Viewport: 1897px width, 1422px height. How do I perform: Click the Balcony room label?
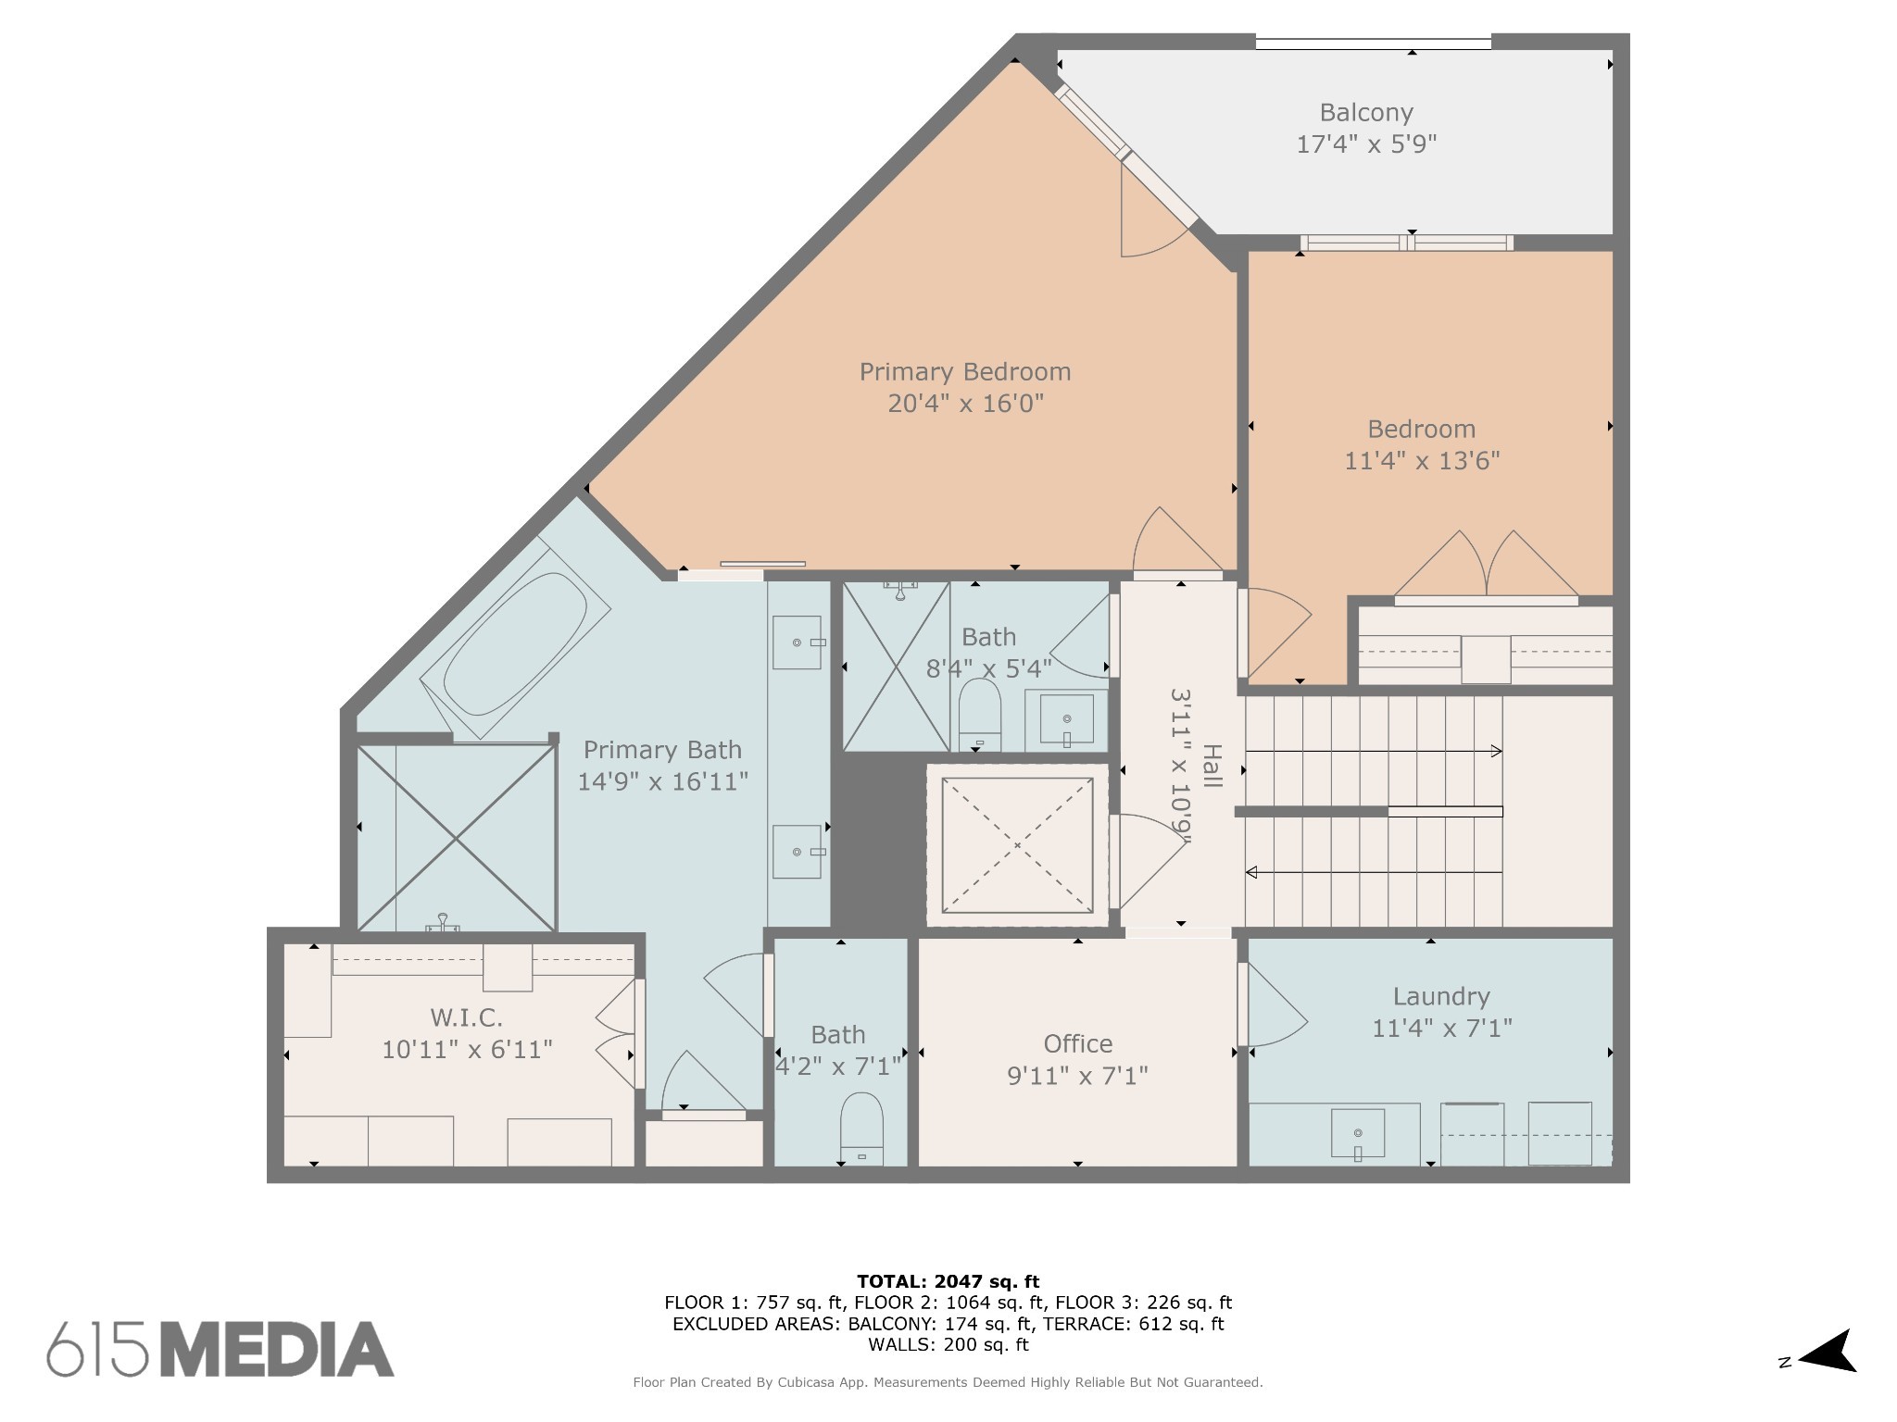tap(1366, 113)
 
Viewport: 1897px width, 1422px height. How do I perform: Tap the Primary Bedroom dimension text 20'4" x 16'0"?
tap(965, 404)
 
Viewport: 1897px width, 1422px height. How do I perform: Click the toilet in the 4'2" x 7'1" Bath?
tap(861, 1129)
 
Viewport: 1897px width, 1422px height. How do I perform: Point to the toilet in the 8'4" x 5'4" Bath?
tap(979, 716)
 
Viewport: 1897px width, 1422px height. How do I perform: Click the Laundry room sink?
tap(1358, 1135)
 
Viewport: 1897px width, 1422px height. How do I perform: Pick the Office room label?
tap(1078, 1044)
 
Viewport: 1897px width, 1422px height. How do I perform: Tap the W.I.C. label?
tap(467, 1018)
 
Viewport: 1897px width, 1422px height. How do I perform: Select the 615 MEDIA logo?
tap(220, 1349)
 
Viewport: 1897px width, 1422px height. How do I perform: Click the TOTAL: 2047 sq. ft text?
tap(948, 1282)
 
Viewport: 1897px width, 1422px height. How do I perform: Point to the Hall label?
tap(1212, 767)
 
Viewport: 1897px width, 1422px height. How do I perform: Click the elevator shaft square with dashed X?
tap(1017, 845)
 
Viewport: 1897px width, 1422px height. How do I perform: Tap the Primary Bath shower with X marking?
tap(457, 838)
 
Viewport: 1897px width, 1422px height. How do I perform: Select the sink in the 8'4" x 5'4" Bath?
tap(1066, 719)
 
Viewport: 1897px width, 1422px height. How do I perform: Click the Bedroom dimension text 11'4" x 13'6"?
tap(1422, 461)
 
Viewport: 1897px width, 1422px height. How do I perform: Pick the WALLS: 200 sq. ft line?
tap(948, 1344)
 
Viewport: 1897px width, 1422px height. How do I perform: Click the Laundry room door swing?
tap(1275, 1007)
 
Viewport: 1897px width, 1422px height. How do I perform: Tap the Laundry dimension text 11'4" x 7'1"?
tap(1442, 1029)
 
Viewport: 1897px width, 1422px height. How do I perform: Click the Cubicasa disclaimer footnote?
tap(948, 1382)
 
